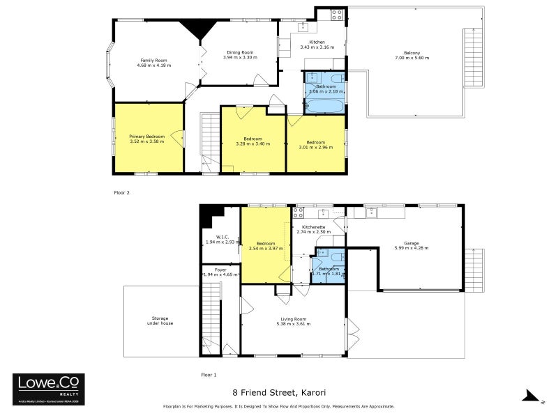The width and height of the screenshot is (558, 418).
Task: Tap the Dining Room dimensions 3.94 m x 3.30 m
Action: click(x=239, y=56)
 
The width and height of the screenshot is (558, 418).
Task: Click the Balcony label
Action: click(x=412, y=52)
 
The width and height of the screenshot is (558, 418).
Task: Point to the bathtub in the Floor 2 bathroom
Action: click(x=325, y=107)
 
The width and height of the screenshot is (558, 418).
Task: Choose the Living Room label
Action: click(x=293, y=320)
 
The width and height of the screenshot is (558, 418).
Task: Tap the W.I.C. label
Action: click(x=223, y=237)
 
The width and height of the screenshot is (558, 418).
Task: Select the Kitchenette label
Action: click(x=312, y=227)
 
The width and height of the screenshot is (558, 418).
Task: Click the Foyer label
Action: click(x=220, y=269)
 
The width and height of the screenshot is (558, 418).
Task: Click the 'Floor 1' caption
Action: click(x=209, y=375)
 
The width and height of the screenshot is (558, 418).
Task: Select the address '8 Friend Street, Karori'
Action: click(x=279, y=393)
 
